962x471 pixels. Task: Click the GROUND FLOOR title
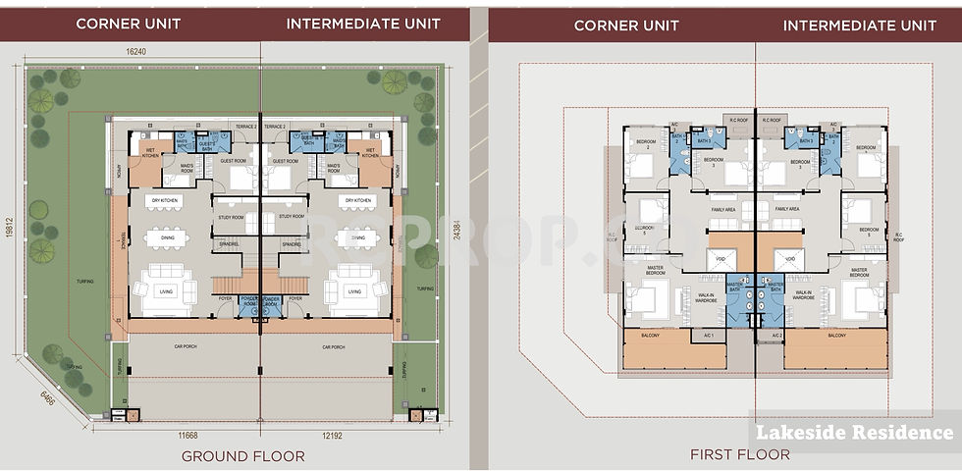(242, 455)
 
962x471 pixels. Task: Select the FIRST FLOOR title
(727, 454)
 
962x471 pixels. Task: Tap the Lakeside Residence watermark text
(855, 432)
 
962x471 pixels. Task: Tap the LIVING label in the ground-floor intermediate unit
(351, 291)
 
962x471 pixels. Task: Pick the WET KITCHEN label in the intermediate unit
(371, 153)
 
